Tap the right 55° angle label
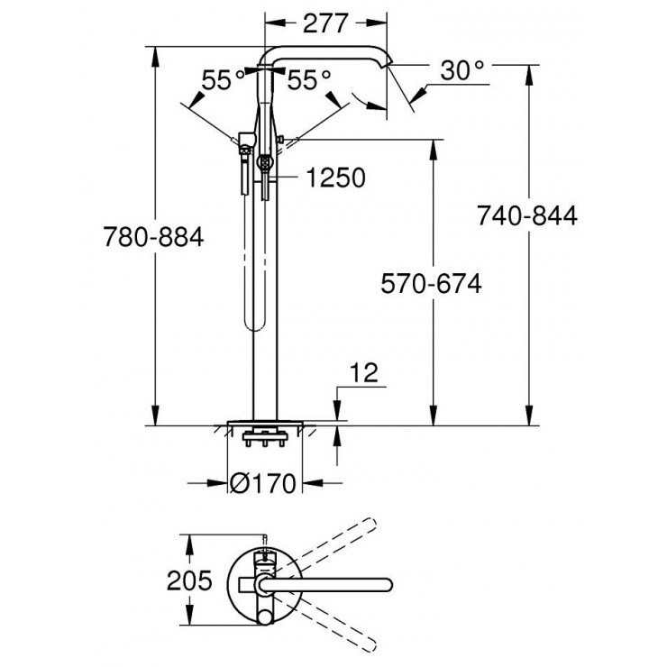point(309,81)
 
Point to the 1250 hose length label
point(335,178)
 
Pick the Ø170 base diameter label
point(262,484)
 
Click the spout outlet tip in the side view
point(389,66)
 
